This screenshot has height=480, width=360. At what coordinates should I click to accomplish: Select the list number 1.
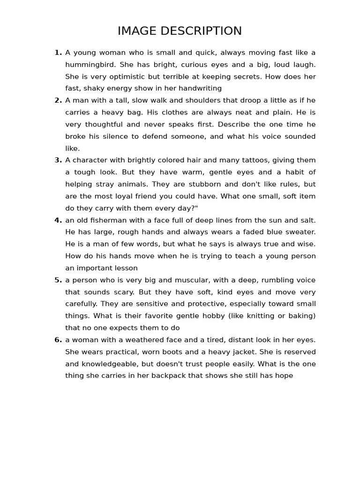coord(58,52)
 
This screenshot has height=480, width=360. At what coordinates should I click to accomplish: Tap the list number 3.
coord(58,160)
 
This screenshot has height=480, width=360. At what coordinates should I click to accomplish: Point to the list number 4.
coord(58,220)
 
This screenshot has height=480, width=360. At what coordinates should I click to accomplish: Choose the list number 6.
coord(58,340)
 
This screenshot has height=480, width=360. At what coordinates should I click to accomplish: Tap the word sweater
coord(300,232)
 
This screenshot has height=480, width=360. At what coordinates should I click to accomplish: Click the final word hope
coord(284,376)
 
